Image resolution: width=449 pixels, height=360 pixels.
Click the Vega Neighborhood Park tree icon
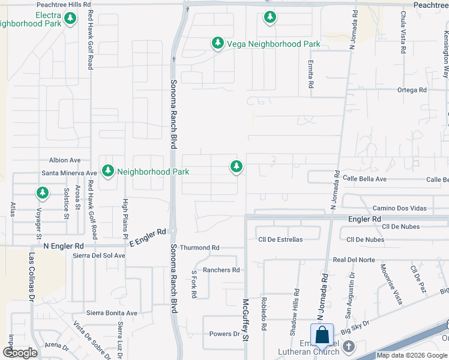[217, 43]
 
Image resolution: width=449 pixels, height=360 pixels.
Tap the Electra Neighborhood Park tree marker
[71, 18]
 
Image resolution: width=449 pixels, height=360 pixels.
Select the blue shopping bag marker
[322, 336]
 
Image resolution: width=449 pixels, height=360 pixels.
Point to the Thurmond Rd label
[200, 247]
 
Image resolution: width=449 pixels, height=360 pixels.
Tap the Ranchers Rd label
[221, 270]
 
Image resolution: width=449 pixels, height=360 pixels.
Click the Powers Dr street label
[224, 334]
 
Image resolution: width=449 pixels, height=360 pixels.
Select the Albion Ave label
[65, 160]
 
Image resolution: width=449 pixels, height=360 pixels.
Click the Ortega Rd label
[411, 90]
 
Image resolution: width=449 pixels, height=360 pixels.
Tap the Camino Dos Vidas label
[399, 208]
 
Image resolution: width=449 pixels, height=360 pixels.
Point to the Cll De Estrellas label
[280, 239]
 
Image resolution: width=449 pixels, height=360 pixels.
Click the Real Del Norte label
[354, 260]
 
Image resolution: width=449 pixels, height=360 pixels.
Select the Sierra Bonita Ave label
[112, 313]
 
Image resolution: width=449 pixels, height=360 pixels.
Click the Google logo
[20, 353]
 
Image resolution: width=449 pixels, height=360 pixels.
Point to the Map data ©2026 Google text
[412, 355]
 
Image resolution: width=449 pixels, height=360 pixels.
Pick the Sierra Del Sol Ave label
[99, 255]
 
